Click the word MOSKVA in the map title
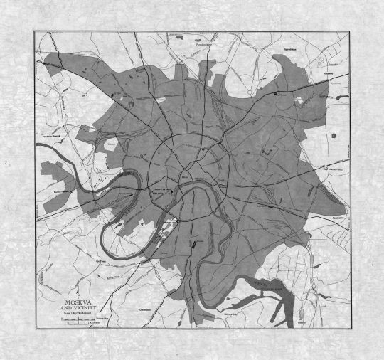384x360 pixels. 78,299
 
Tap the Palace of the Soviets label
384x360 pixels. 161,189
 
